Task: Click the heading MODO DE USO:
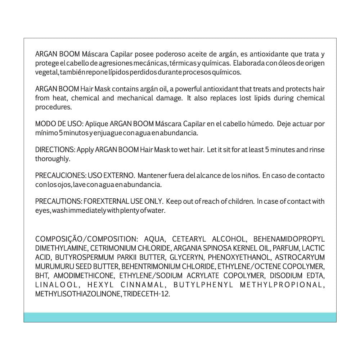59,124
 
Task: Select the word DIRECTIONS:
55,150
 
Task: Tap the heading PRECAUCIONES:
60,176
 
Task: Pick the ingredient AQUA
154,239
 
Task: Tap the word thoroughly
53,159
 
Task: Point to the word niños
249,176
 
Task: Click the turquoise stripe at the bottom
180,317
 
